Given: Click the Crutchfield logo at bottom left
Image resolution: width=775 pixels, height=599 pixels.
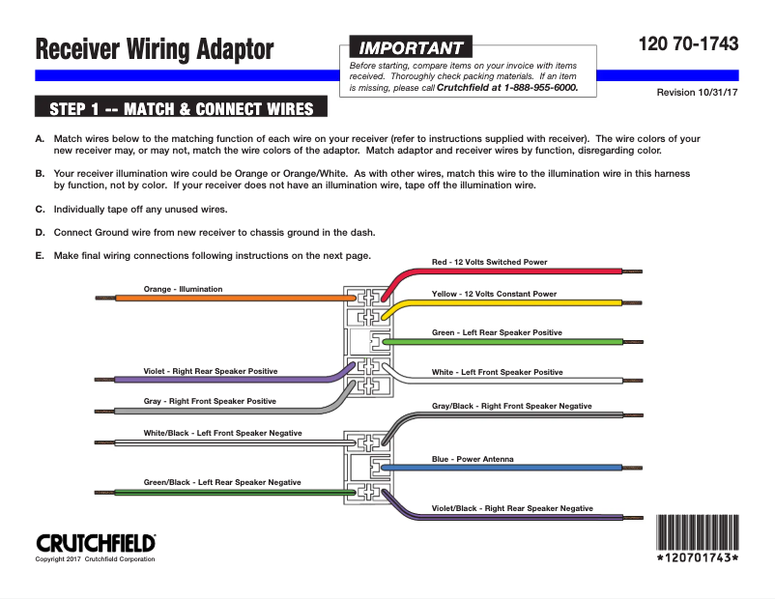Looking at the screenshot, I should pos(96,543).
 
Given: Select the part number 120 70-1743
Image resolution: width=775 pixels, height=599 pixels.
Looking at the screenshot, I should pos(688,44).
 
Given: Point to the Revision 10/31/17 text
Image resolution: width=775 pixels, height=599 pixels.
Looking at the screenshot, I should pos(697,92).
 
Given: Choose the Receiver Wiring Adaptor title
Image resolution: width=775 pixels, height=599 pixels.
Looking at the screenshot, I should pos(154,48).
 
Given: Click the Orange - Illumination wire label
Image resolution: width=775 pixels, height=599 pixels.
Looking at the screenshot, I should pos(183,289).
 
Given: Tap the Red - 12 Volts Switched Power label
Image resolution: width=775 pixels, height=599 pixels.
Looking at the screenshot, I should pos(489,262).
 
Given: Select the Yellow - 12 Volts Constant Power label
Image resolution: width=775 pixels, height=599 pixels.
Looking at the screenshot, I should pos(494,294).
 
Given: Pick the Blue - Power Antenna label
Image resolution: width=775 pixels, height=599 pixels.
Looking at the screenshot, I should pos(473,459).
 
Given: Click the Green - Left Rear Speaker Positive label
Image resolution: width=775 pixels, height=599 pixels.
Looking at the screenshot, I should pos(497,332).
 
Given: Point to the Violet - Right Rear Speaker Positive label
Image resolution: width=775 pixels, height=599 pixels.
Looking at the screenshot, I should pos(211,371).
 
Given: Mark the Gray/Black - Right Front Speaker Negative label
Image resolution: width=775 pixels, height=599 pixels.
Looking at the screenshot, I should pos(511,406).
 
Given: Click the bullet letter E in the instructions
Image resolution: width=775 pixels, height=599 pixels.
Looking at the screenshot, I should pos(40,256).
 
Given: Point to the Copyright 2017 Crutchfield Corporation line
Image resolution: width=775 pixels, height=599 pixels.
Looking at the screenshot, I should pos(95,559).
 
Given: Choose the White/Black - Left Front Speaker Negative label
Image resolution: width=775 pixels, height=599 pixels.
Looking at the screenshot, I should pos(222,433).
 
